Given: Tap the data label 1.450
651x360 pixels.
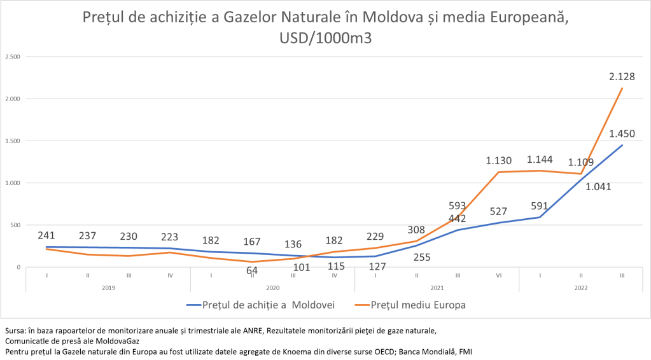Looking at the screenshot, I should pyautogui.click(x=621, y=134).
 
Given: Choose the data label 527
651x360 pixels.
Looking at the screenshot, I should pyautogui.click(x=498, y=211).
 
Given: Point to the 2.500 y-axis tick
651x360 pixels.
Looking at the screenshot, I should pyautogui.click(x=13, y=57).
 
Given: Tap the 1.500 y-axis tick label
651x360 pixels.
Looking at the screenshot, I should pyautogui.click(x=13, y=141).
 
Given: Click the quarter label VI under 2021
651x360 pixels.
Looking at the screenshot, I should pyautogui.click(x=499, y=276).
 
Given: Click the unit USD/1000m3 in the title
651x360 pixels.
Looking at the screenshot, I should pyautogui.click(x=325, y=37).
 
